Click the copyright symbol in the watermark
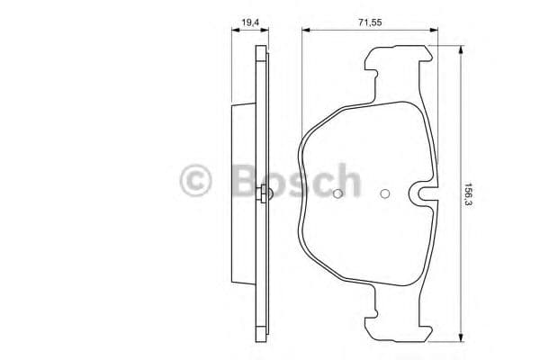coord(197,180)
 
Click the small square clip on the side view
coord(261,193)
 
